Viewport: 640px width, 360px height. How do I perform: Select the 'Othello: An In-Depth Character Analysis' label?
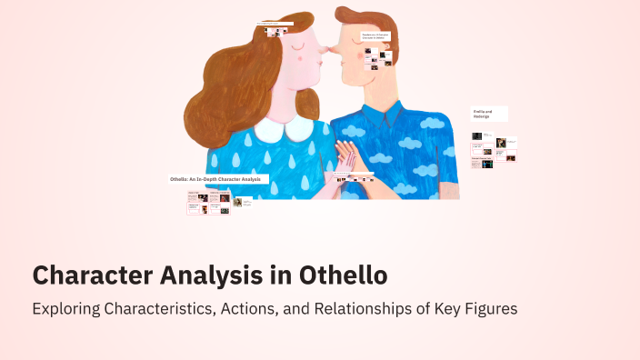(x=217, y=179)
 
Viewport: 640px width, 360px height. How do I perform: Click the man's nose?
(x=325, y=52)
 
